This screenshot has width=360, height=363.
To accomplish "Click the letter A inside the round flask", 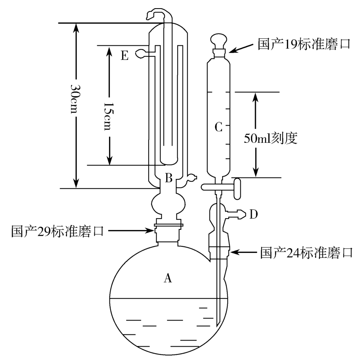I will point(167,278).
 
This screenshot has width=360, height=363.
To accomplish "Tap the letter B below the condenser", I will point(169,178).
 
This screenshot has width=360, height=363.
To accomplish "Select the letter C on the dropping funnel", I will point(218,127).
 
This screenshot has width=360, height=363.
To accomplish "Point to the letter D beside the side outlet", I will point(253,214).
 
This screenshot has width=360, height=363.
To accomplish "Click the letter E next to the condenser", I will point(125,55).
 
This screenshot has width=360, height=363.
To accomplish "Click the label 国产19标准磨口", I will point(304,44).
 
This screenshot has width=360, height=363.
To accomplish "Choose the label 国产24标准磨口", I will point(306,253).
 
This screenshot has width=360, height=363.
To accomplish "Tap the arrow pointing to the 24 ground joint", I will point(245,253).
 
